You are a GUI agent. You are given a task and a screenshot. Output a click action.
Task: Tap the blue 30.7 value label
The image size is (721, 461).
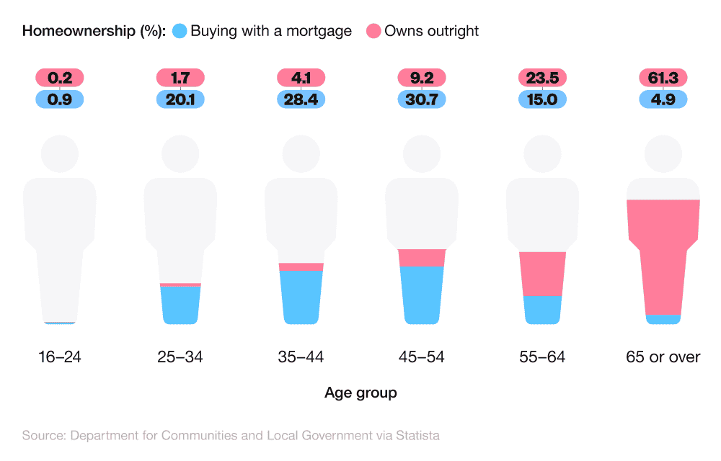coord(422,99)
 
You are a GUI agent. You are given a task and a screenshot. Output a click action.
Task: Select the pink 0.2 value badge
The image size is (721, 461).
coord(60,78)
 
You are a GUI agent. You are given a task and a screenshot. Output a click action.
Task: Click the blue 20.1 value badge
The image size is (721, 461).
coord(180,99)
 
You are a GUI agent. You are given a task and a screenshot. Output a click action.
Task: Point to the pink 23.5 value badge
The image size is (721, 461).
coord(542,78)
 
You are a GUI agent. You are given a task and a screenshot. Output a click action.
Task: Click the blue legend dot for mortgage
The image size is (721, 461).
coord(180,31)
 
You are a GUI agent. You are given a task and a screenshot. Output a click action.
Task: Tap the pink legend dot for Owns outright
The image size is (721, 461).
coord(373,31)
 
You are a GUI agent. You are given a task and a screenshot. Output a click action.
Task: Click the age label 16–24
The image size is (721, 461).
coord(60,357)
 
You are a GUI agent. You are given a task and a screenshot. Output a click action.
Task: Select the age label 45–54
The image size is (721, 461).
coord(422,357)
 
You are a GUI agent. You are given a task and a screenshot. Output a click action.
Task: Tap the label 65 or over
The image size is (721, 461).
coord(663,357)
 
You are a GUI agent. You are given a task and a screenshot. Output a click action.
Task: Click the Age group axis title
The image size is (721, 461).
coord(360,393)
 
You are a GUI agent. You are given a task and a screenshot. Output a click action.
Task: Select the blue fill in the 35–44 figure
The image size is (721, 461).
coord(301,295)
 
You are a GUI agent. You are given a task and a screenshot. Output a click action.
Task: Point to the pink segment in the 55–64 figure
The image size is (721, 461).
coord(542,274)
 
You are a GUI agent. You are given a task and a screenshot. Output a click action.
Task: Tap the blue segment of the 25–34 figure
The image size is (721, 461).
coord(180,304)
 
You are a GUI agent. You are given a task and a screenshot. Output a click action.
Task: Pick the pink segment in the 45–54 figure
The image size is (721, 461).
coord(422,257)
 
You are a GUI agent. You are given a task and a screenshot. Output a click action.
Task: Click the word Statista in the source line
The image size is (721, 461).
coord(415,435)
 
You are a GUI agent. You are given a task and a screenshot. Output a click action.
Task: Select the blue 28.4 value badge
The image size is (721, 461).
coord(301,99)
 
